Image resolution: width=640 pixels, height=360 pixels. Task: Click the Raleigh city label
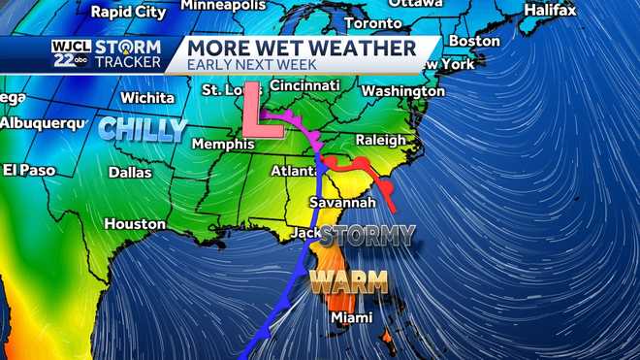click(x=380, y=140)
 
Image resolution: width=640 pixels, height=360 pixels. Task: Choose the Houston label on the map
click(x=135, y=223)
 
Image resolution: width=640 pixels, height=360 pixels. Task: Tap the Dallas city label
click(x=130, y=172)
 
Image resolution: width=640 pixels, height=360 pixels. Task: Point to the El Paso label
click(x=24, y=169)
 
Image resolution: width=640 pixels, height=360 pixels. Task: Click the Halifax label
click(x=549, y=10)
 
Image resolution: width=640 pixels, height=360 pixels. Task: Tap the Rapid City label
click(x=126, y=12)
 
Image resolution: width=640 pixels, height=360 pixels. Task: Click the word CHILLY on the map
click(x=143, y=128)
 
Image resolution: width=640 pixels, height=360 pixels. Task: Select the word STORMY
click(x=368, y=235)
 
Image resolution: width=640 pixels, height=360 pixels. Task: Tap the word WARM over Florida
click(x=349, y=282)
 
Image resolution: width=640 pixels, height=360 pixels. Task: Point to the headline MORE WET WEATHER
click(x=301, y=48)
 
